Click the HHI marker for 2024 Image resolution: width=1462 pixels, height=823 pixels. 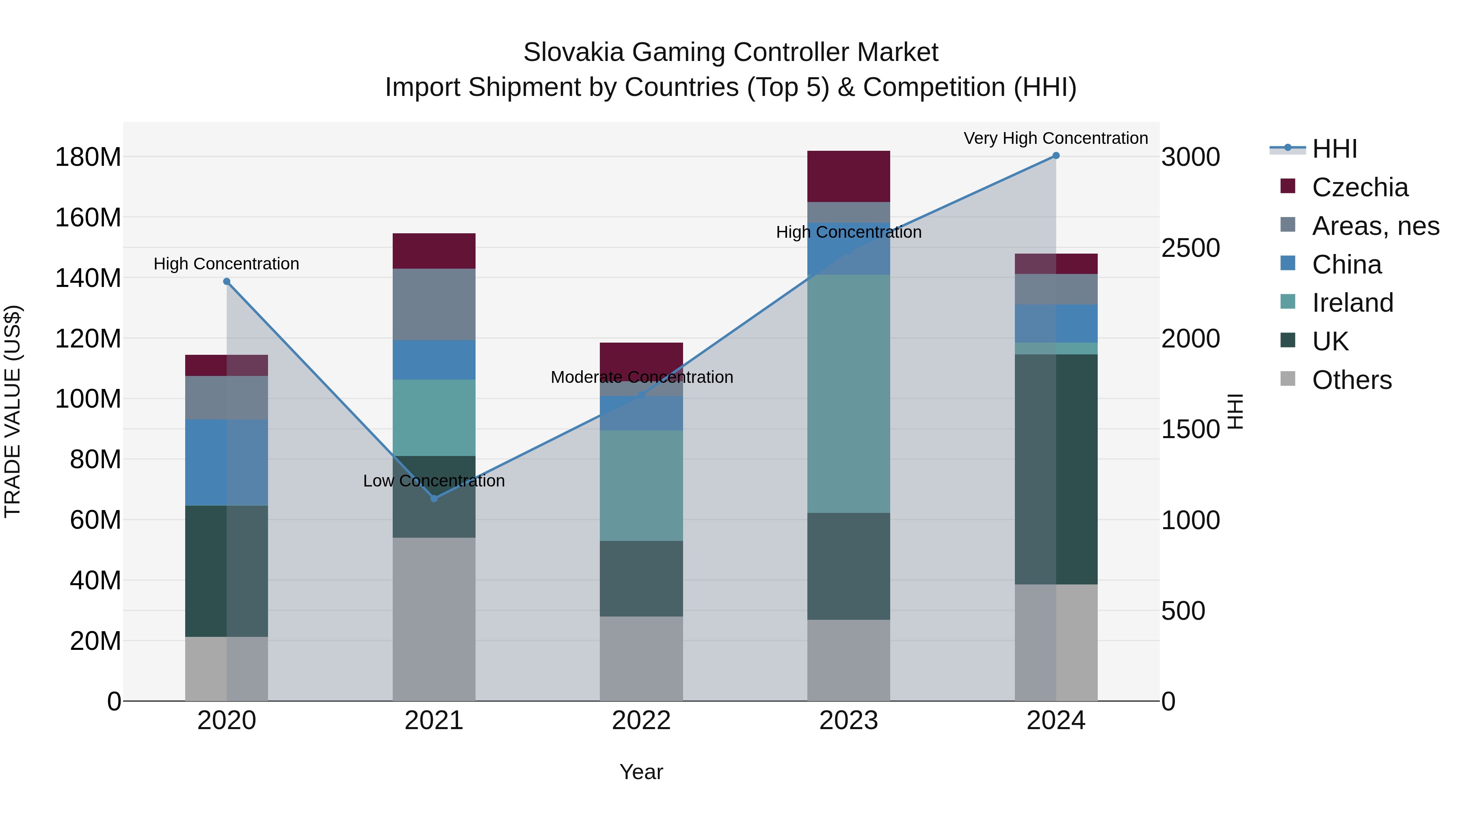click(x=1055, y=156)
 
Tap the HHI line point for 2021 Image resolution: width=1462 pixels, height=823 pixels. click(x=434, y=499)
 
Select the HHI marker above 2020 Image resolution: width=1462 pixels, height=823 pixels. click(x=227, y=282)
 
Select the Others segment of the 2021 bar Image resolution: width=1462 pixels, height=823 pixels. click(x=434, y=619)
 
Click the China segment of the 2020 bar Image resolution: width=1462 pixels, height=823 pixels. click(x=227, y=463)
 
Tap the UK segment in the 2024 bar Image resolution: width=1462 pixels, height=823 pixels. click(x=1055, y=469)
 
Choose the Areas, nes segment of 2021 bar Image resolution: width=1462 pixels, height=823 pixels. click(x=434, y=304)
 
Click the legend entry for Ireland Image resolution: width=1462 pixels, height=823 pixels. click(x=1352, y=303)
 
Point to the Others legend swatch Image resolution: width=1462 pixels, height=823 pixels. click(x=1288, y=379)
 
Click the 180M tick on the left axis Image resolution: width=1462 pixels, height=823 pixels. click(x=88, y=157)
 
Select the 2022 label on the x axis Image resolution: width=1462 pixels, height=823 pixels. click(x=641, y=721)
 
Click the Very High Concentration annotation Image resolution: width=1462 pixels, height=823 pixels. click(x=1055, y=138)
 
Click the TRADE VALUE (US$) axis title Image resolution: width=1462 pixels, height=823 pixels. click(x=13, y=411)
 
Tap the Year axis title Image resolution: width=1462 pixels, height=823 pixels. click(x=641, y=772)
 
